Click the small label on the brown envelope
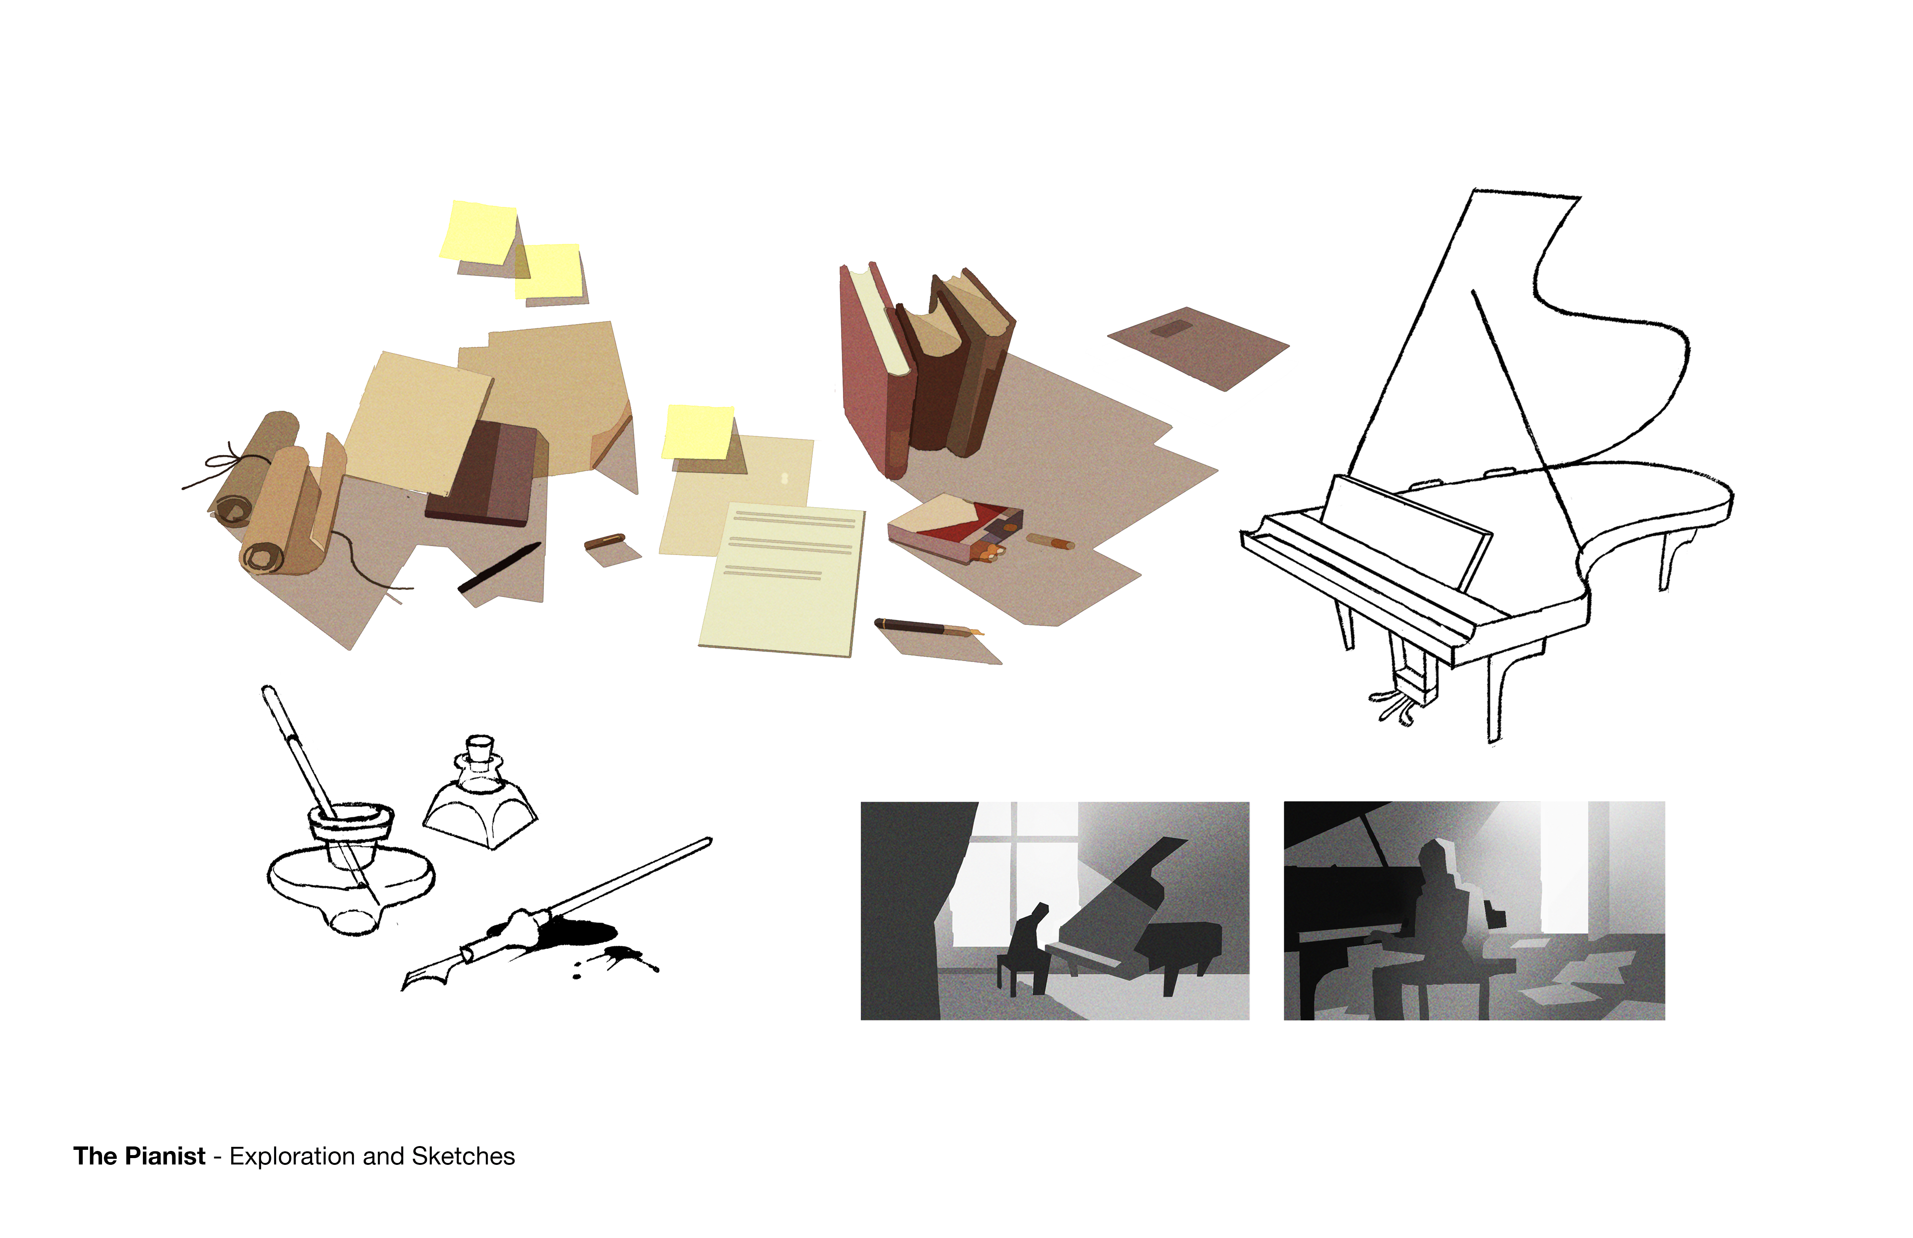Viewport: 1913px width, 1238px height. (x=1172, y=329)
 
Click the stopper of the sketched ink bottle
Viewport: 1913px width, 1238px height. (x=480, y=747)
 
